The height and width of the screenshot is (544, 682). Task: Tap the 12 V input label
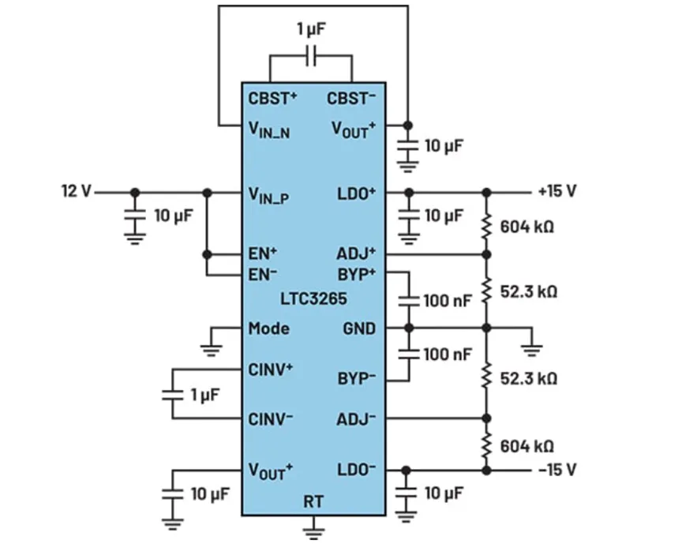point(76,191)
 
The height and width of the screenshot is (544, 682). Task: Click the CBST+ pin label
point(272,99)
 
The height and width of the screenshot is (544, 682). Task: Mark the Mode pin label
point(268,328)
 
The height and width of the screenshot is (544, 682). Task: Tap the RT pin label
point(313,501)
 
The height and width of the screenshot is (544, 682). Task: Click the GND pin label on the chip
point(358,328)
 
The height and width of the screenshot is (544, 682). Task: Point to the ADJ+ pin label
point(357,253)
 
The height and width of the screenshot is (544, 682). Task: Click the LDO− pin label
point(357,470)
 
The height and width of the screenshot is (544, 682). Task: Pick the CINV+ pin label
point(272,369)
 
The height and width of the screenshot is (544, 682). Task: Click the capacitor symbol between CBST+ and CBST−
point(311,56)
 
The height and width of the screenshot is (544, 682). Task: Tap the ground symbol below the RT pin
point(313,528)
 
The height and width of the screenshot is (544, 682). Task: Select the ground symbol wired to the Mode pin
point(212,345)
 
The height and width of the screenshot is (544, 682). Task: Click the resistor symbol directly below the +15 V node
point(486,224)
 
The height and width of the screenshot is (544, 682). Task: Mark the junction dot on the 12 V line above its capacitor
point(135,192)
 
